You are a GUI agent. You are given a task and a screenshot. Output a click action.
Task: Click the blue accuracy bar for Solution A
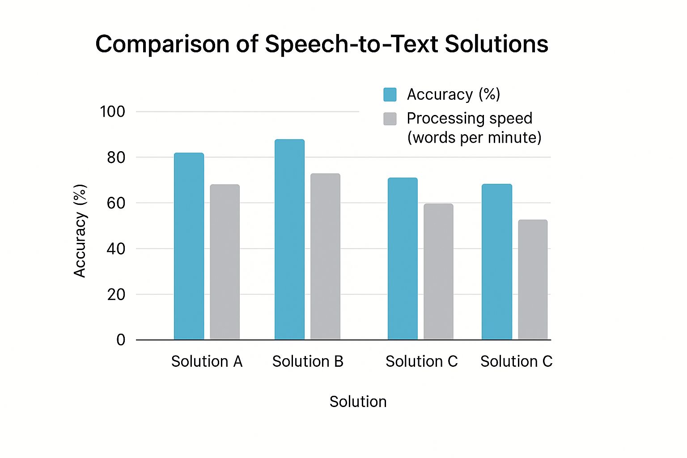(189, 246)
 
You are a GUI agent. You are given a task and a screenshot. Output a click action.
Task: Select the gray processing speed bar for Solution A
(225, 262)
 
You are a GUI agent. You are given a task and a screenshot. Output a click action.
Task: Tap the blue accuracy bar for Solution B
(289, 239)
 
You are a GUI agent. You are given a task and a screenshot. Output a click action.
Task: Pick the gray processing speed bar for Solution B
(325, 256)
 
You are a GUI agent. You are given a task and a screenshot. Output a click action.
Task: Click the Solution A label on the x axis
(207, 361)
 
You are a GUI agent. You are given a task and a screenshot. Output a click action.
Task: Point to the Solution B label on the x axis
(308, 361)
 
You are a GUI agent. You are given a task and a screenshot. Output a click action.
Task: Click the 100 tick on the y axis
(112, 111)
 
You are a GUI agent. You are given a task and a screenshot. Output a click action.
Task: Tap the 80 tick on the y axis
(116, 157)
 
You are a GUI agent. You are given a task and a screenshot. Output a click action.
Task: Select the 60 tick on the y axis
(116, 203)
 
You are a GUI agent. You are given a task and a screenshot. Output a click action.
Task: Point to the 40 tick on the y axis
(116, 249)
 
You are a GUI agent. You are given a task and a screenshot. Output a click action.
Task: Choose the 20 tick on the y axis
(116, 294)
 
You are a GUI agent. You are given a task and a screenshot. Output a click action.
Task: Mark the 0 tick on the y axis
(121, 340)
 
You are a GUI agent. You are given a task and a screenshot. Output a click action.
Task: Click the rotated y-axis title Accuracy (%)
(80, 231)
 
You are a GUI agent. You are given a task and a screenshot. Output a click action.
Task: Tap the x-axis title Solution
(358, 402)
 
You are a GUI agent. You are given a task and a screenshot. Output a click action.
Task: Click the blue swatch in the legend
(390, 94)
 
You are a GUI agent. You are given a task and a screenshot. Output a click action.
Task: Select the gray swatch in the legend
(390, 119)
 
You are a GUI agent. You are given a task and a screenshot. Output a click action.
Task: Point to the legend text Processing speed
(470, 119)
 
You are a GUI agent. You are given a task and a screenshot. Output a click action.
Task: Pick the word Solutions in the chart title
(496, 44)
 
